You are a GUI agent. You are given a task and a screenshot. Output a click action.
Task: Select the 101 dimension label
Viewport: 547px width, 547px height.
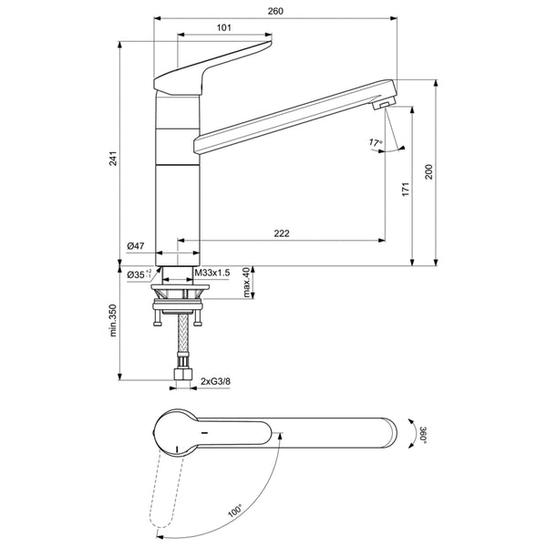pyautogui.click(x=223, y=28)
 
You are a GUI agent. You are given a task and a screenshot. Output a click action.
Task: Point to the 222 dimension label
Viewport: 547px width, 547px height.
pyautogui.click(x=282, y=234)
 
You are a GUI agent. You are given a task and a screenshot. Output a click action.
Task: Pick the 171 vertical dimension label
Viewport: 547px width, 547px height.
pyautogui.click(x=408, y=189)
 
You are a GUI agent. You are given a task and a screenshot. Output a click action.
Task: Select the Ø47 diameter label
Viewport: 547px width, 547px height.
pyautogui.click(x=137, y=246)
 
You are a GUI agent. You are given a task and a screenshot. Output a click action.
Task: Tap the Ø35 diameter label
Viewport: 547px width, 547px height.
pyautogui.click(x=138, y=273)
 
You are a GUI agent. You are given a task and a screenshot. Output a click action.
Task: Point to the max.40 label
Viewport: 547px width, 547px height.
pyautogui.click(x=247, y=283)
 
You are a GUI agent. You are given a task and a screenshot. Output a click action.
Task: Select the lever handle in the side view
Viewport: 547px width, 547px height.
pyautogui.click(x=219, y=62)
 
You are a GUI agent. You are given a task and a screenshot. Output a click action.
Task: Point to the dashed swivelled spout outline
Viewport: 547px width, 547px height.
pyautogui.click(x=164, y=492)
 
